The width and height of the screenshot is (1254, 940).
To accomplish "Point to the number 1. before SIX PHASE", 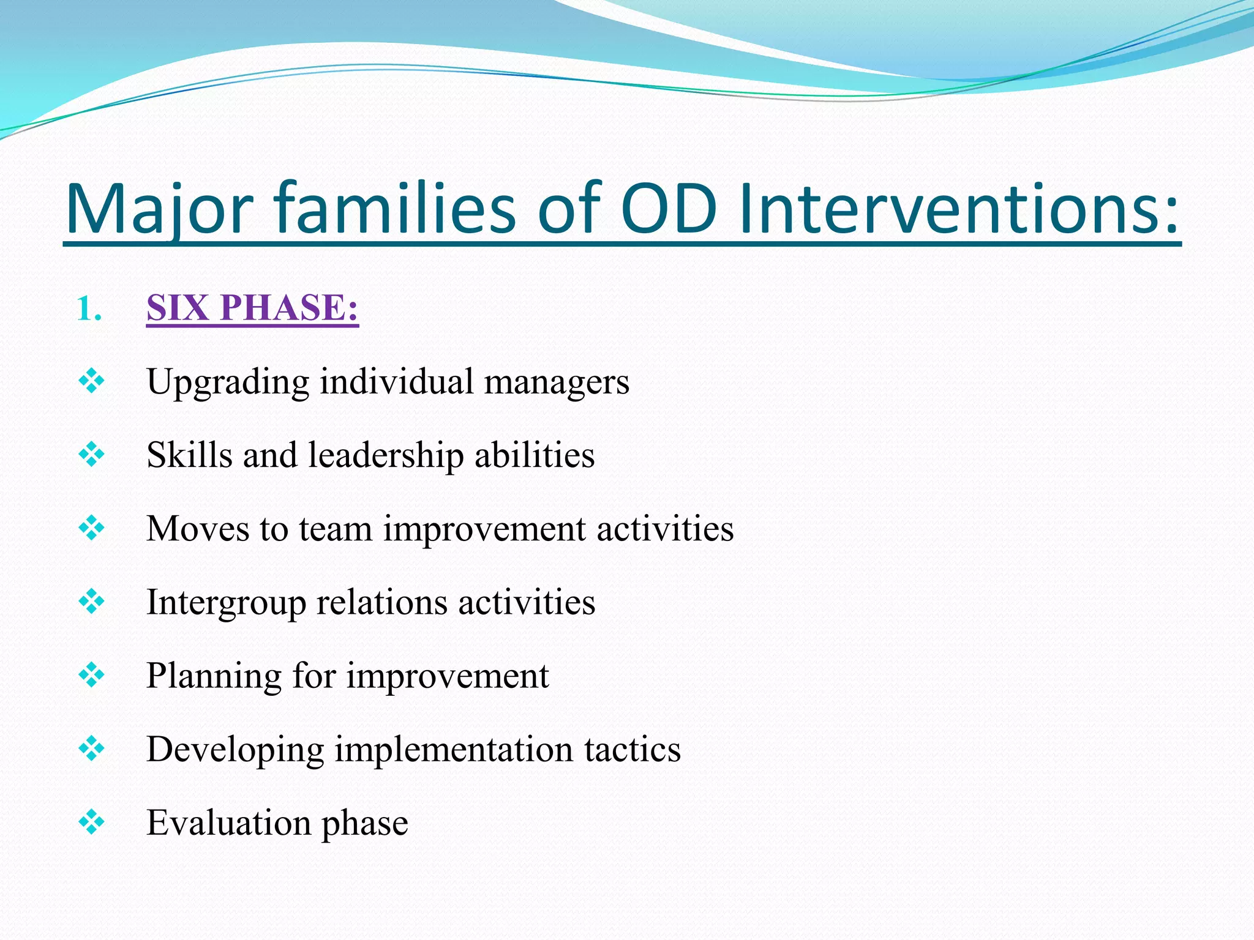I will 89,309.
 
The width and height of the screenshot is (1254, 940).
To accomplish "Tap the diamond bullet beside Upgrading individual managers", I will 92,381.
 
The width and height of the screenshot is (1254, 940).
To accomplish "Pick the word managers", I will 557,382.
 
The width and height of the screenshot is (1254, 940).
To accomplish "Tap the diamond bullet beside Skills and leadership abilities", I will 92,455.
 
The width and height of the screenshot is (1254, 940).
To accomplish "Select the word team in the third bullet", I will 336,529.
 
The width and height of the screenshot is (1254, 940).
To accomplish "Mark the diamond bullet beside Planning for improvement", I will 92,675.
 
